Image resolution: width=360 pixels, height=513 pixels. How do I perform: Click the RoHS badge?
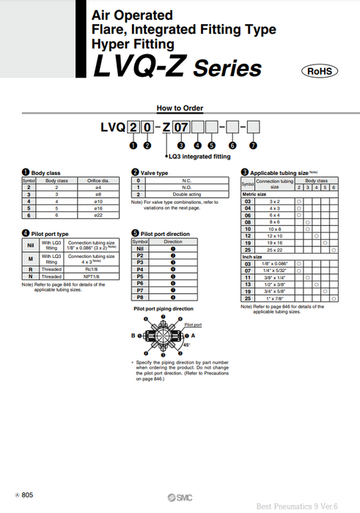point(320,71)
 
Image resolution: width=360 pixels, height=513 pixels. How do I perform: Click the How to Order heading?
point(180,107)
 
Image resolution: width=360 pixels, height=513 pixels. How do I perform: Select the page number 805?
point(26,496)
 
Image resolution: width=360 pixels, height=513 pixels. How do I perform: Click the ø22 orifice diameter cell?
point(98,215)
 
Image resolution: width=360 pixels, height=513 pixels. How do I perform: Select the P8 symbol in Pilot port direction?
point(139,298)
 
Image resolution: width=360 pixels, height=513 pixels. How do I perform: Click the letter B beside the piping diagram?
point(134,335)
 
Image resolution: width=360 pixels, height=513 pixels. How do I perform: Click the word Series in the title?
point(227,70)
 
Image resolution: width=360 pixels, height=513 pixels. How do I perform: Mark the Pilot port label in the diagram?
point(193,324)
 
